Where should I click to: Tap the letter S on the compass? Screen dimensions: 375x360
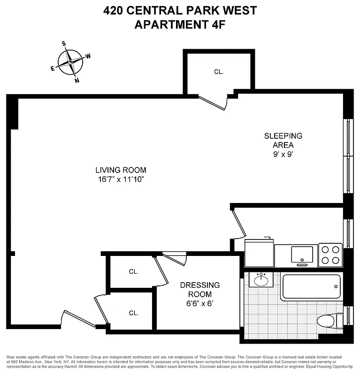pyautogui.click(x=64, y=44)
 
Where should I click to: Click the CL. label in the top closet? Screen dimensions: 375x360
pyautogui.click(x=219, y=72)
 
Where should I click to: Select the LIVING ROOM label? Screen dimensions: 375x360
pyautogui.click(x=121, y=170)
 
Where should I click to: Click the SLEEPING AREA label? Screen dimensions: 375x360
pyautogui.click(x=283, y=140)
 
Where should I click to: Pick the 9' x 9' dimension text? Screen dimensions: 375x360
pyautogui.click(x=283, y=154)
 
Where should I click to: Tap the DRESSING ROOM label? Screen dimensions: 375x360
pyautogui.click(x=200, y=289)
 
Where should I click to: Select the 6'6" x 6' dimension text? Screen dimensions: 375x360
pyautogui.click(x=200, y=303)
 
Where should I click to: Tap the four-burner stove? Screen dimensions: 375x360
pyautogui.click(x=330, y=255)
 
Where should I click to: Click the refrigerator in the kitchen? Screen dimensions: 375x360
pyautogui.click(x=259, y=253)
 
